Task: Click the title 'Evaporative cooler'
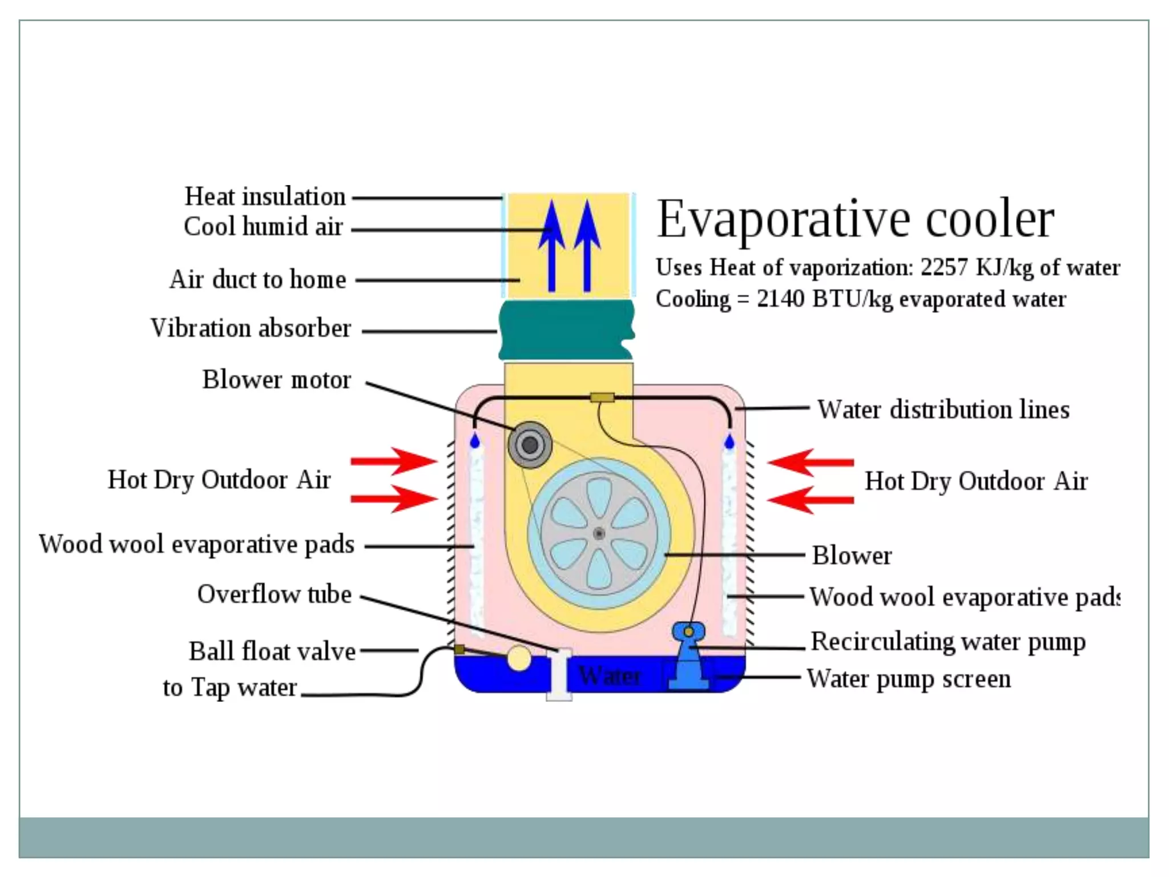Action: point(855,219)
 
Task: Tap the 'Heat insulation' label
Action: point(265,196)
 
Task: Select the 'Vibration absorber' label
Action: point(251,328)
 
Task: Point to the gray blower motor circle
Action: point(530,445)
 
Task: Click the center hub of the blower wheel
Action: point(599,534)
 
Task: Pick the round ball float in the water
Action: point(518,658)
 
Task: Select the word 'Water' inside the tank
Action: point(610,676)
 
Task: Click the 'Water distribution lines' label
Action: point(943,410)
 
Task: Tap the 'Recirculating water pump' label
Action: point(948,642)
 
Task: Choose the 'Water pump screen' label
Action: point(909,679)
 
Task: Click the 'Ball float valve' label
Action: point(272,651)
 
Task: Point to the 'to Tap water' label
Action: point(229,687)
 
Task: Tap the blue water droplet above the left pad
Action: point(474,441)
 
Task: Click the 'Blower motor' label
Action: point(276,380)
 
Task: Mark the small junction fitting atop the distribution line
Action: point(602,397)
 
